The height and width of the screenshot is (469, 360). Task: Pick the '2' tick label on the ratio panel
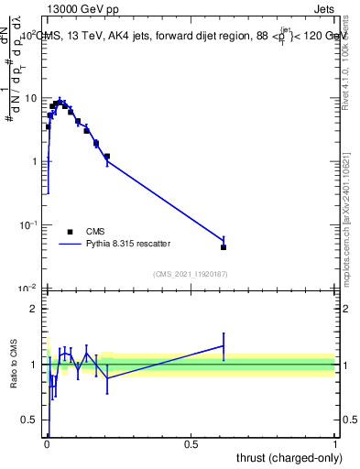[x=35, y=309]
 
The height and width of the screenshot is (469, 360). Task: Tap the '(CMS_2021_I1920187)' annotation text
[x=191, y=272]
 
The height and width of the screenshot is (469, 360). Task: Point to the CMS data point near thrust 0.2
[x=107, y=157]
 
